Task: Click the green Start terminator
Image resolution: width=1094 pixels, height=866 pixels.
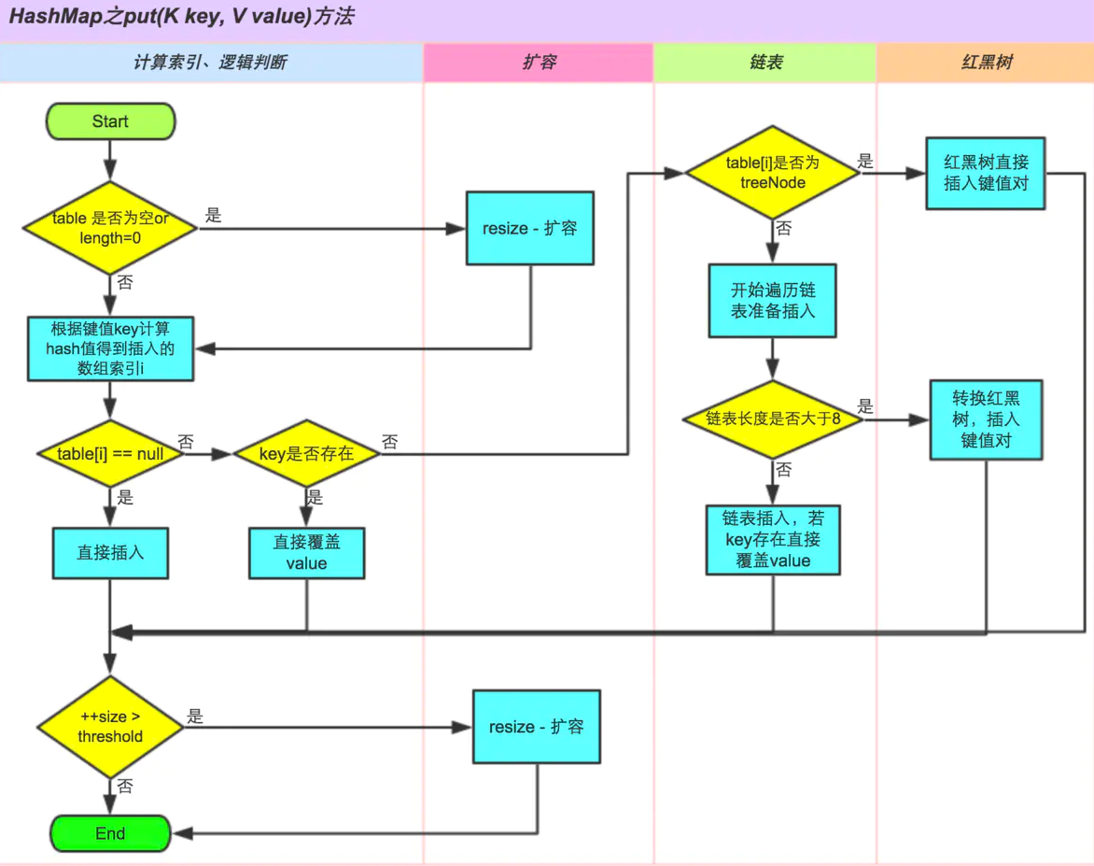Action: [110, 121]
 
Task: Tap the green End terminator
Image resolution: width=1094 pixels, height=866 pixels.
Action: [110, 833]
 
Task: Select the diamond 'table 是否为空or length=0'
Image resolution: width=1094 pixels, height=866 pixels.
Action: [110, 228]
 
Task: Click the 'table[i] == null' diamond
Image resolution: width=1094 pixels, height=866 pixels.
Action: [110, 454]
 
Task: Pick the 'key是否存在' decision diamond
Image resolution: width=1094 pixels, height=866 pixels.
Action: [306, 454]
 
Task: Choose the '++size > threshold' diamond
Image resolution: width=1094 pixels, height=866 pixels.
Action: [110, 727]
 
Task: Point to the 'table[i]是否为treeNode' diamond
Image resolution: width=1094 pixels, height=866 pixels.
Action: [772, 173]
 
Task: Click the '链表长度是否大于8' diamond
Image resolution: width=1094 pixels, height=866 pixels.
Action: [772, 419]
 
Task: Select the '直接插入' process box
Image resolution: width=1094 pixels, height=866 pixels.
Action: [110, 553]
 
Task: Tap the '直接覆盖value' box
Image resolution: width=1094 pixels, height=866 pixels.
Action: [306, 553]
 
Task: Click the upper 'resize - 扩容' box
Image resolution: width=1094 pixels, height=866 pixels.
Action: [530, 228]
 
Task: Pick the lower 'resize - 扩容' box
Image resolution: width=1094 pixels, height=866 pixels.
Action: [537, 727]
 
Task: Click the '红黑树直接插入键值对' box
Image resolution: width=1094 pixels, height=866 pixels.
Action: [985, 173]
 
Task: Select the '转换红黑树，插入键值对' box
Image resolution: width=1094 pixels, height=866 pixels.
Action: [986, 419]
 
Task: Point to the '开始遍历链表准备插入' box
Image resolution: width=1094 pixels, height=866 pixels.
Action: [772, 301]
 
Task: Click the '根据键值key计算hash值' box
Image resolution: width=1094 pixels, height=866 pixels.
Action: [110, 348]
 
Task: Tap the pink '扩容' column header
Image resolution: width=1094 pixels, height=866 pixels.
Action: [539, 63]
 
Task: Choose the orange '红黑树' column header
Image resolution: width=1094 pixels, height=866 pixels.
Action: [985, 63]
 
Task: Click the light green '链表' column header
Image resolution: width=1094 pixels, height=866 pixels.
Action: [765, 63]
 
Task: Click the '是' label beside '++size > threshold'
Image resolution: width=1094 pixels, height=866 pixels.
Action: [195, 716]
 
